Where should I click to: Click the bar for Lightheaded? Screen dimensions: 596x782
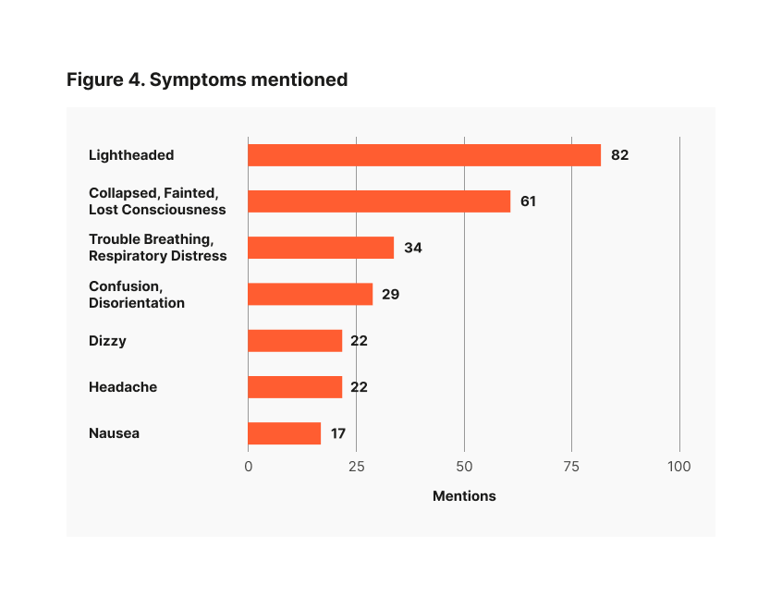[424, 155]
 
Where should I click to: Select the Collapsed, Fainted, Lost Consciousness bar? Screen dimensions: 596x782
[379, 201]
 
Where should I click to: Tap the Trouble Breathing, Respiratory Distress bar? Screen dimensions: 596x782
[321, 248]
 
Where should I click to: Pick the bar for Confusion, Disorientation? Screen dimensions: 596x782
[310, 294]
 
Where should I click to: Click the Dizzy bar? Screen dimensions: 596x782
[295, 340]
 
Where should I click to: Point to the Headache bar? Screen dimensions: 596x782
[295, 386]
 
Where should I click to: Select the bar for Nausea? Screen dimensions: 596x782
[285, 432]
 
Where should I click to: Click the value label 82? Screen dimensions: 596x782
[619, 155]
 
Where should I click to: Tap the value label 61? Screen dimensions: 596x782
[528, 201]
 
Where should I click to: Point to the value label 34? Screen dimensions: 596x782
[412, 248]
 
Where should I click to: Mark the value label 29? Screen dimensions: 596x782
[390, 294]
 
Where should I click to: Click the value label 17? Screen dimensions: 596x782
[338, 432]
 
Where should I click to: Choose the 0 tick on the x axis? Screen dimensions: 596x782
[248, 467]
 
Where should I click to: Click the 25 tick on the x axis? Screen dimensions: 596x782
[356, 467]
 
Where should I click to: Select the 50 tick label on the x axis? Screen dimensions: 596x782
[464, 467]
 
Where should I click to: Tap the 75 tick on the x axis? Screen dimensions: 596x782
[571, 467]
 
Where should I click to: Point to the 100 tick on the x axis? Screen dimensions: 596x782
[679, 467]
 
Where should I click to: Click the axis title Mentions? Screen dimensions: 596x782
[464, 496]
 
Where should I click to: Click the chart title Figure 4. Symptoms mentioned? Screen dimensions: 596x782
[207, 79]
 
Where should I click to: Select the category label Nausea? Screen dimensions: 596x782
[114, 432]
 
